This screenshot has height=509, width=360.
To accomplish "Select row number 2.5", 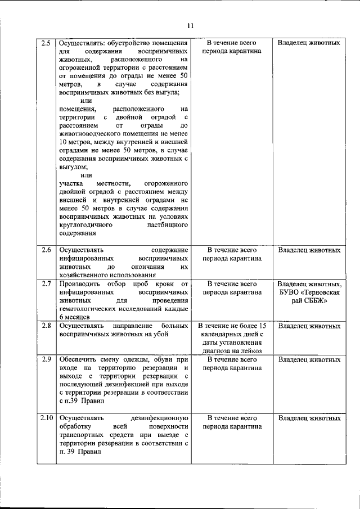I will pyautogui.click(x=47, y=43).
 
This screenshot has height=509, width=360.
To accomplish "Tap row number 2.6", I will pyautogui.click(x=47, y=249).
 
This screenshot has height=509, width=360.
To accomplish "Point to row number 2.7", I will pyautogui.click(x=47, y=284).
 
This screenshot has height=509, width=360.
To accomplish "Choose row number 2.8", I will pyautogui.click(x=47, y=326).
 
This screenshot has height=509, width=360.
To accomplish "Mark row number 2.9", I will pyautogui.click(x=47, y=359).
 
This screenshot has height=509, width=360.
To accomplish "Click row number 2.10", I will pyautogui.click(x=47, y=418).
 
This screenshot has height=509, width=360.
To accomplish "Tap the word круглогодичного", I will pyautogui.click(x=86, y=224).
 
